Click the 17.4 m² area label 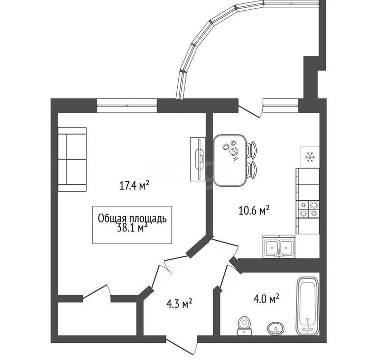coord(135,186)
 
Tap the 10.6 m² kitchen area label coord(254,210)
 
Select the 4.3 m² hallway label coord(179,304)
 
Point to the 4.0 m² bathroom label coord(266,299)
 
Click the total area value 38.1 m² coord(132,228)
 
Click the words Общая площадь coord(132,219)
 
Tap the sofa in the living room coord(72,159)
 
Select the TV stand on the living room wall coord(198,159)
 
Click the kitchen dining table coord(230,161)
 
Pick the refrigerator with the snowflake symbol coord(310,157)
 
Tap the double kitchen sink coord(279,247)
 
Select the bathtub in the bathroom coord(307,306)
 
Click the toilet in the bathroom coord(244,325)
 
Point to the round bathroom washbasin coord(275,328)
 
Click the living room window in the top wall coord(127,106)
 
